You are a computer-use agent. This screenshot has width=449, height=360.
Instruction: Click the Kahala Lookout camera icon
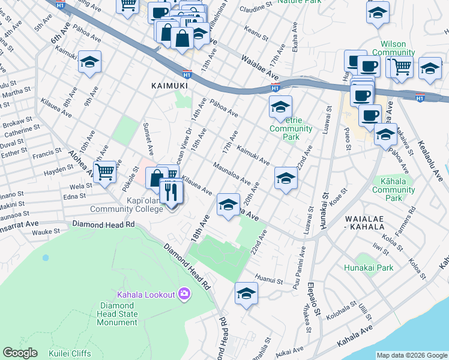184,294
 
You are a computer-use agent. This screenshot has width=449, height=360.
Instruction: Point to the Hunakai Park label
369,268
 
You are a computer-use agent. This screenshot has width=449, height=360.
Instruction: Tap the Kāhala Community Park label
393,189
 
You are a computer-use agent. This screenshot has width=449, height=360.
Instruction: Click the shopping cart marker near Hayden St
105,172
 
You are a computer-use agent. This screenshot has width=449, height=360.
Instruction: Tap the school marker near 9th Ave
89,62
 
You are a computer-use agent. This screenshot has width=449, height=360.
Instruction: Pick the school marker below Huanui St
246,294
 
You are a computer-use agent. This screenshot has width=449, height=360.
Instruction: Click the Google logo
20,353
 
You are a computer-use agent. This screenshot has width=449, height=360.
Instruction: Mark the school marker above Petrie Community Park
280,107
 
